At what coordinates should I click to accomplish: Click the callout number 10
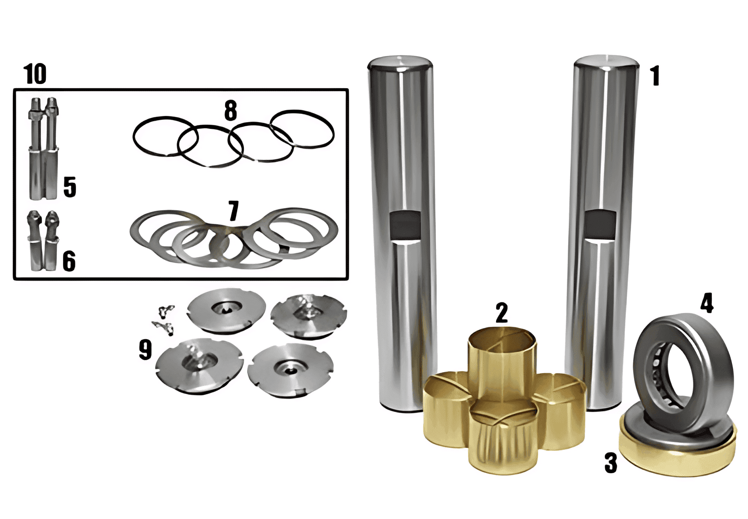(x=35, y=74)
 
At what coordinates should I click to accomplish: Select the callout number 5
(x=70, y=187)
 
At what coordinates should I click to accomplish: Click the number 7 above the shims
(x=233, y=210)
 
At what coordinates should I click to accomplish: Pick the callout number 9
(x=145, y=350)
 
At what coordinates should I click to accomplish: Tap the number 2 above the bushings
(x=502, y=313)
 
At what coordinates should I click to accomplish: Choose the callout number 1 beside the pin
(x=655, y=76)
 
